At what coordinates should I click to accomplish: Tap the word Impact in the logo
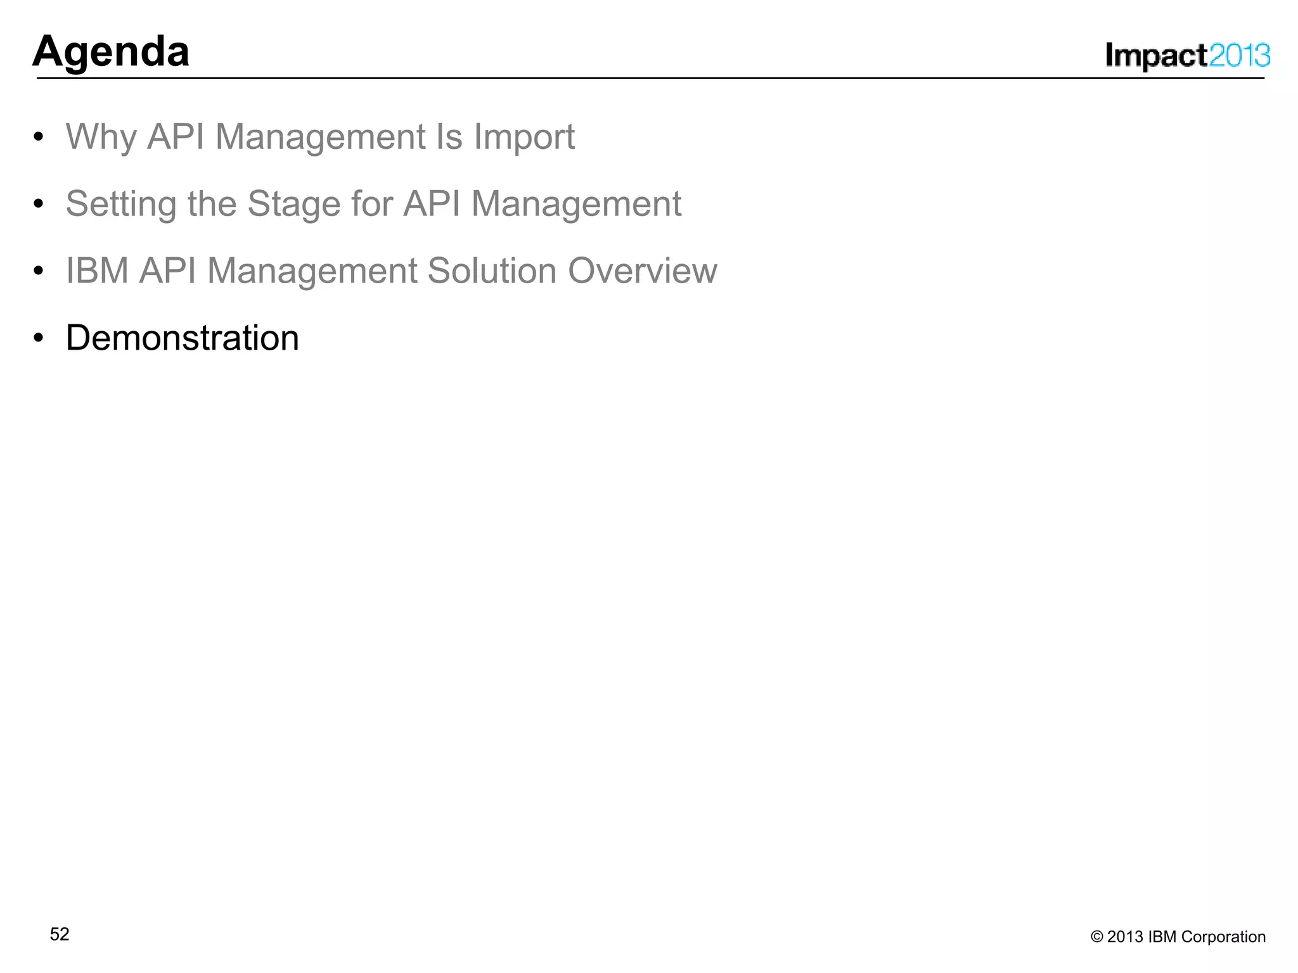1156,56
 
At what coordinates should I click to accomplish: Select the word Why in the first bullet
101,137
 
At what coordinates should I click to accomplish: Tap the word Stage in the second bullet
294,204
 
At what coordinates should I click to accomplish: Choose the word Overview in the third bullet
642,271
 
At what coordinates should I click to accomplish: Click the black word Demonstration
183,338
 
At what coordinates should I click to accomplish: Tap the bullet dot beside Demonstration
39,338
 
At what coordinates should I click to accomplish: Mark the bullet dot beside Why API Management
39,137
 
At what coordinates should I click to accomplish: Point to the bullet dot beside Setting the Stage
39,204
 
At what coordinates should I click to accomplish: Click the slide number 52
60,934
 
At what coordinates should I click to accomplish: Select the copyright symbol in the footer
1096,937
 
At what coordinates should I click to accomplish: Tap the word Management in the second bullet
576,204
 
